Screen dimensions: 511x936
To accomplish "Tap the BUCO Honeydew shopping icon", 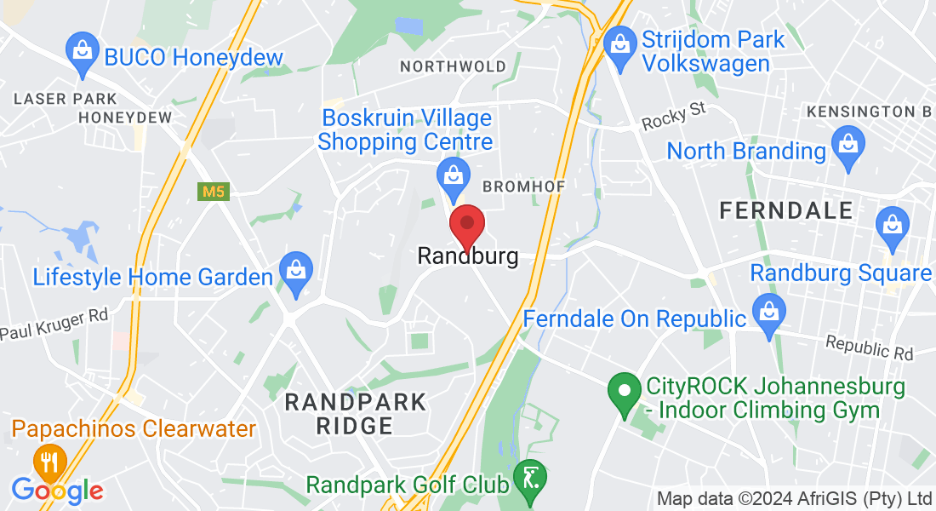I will [x=83, y=49].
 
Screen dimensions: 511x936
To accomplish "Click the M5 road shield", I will [x=214, y=192].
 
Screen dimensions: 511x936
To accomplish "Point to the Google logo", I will [x=57, y=490].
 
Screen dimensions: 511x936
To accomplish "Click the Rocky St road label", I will [x=675, y=117].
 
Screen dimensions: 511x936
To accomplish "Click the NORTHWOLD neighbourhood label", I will [x=453, y=66].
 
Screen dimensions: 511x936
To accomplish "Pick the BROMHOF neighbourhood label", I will [x=523, y=186].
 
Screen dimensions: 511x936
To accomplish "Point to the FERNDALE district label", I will [x=785, y=210].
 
